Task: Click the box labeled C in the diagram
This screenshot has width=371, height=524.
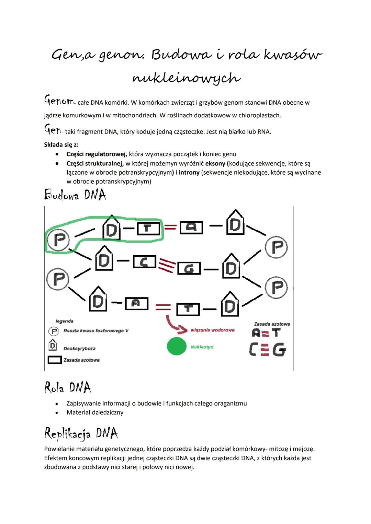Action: pos(145,262)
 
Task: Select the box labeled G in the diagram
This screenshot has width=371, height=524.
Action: pos(189,269)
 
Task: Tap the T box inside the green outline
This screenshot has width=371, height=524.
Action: pos(148,229)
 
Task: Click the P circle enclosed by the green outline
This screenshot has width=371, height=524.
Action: pos(59,239)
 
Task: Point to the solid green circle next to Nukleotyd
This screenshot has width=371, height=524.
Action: pos(177,346)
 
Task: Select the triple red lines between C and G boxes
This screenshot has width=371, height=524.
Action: pos(167,265)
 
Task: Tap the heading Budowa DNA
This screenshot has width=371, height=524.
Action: pos(75,195)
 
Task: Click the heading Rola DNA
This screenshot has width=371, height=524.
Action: pos(68,388)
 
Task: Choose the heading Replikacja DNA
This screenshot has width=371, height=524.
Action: pos(81,433)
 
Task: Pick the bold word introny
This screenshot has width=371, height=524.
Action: pos(189,172)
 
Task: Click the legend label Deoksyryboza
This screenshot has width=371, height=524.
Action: pos(79,348)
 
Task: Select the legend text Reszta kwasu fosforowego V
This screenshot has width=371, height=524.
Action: pos(96,331)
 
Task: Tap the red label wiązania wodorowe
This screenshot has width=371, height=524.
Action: pos(213,330)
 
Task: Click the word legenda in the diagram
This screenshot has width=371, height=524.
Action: pos(65,321)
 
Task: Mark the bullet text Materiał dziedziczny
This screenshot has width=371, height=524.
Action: pos(95,412)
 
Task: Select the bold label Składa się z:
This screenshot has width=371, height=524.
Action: pos(61,145)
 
